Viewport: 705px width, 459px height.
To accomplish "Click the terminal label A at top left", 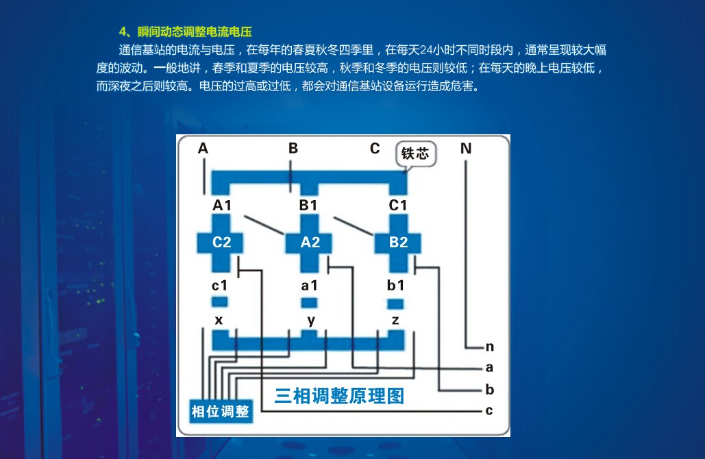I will click(203, 149).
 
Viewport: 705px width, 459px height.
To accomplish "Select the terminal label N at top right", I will click(466, 149).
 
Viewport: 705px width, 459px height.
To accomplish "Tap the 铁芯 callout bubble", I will click(415, 153).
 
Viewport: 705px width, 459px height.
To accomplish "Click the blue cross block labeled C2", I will click(221, 242).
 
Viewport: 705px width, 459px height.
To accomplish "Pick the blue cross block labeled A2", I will click(310, 242).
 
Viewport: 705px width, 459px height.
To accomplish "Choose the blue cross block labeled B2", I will click(398, 242).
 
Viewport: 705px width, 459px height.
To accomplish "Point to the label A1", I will click(222, 205).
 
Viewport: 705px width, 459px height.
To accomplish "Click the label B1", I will click(308, 205).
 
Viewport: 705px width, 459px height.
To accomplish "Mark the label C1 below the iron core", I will click(398, 205).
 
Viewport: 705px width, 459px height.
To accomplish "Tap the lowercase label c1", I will click(219, 286).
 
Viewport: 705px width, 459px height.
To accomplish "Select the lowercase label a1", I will click(309, 286).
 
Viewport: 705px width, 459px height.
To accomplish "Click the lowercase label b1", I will click(396, 286).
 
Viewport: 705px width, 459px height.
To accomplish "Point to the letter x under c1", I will click(219, 320).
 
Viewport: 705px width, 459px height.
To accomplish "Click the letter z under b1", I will click(395, 320).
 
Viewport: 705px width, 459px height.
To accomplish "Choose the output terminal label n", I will click(489, 347).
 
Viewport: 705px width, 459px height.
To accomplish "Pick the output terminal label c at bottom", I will click(488, 410).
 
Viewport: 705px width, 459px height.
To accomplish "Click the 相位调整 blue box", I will click(220, 411).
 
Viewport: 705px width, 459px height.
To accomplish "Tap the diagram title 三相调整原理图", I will click(339, 395).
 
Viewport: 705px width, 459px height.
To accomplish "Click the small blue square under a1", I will click(310, 302).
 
